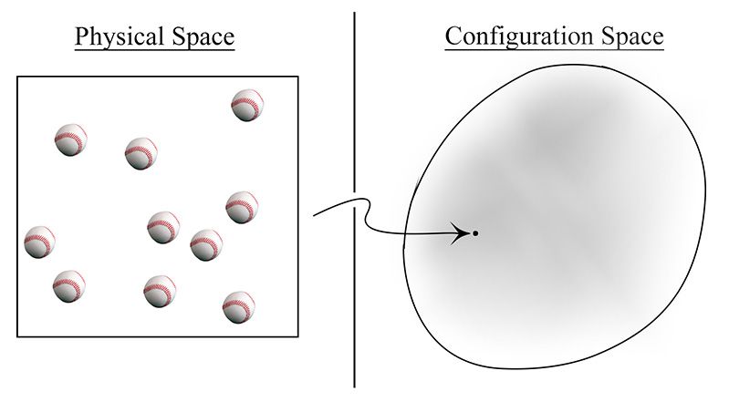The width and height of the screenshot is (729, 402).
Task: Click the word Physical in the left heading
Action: [119, 36]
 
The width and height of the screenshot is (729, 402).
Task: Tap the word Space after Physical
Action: [203, 36]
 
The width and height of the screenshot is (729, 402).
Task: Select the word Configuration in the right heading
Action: [518, 36]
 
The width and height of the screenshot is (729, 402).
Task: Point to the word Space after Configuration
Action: [632, 36]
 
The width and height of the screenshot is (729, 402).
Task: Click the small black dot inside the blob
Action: [475, 233]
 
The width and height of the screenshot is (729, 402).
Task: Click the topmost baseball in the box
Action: [247, 105]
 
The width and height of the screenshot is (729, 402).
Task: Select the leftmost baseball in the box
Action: [39, 242]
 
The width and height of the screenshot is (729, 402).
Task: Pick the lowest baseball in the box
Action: [239, 307]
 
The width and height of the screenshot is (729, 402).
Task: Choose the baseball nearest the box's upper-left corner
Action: [70, 139]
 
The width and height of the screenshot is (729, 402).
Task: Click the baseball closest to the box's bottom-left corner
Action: [68, 286]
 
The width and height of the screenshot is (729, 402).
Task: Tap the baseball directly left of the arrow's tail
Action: [242, 207]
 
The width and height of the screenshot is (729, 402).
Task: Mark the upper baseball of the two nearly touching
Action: [163, 227]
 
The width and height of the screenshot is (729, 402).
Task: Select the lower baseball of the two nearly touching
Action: [206, 245]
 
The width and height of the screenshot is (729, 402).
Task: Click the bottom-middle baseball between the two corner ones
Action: [160, 292]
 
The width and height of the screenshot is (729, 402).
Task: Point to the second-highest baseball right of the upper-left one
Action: [141, 153]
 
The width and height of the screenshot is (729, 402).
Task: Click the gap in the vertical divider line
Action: [354, 200]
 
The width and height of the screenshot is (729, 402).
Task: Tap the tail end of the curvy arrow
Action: [314, 215]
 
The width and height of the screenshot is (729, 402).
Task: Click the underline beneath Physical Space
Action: [155, 47]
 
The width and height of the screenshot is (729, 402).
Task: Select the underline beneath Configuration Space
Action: [554, 47]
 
